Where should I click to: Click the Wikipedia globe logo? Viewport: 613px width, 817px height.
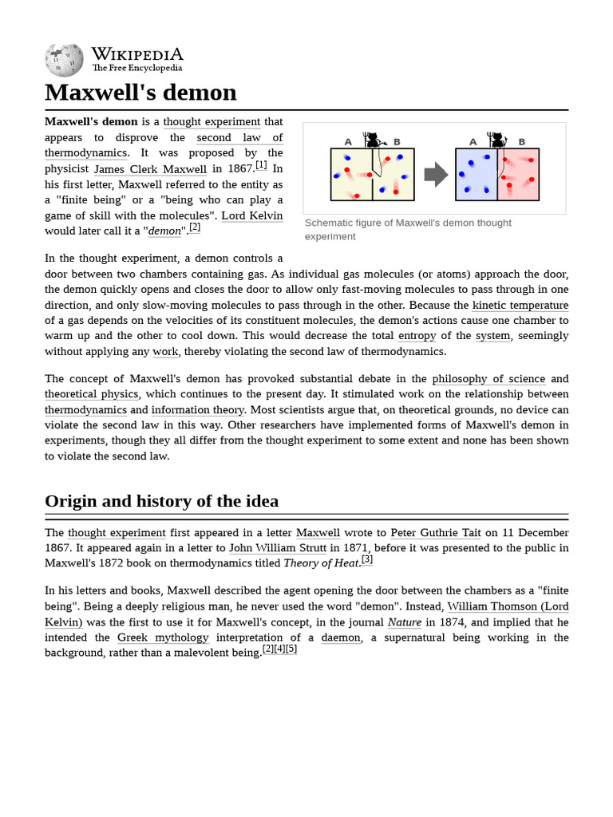tap(64, 60)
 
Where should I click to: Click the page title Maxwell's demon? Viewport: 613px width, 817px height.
tap(140, 93)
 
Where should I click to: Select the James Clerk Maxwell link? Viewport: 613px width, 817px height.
tap(150, 169)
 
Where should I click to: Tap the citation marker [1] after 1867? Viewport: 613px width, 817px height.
tap(261, 165)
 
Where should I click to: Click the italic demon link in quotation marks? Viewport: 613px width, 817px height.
tap(165, 231)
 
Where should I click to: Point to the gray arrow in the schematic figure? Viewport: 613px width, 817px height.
tap(436, 174)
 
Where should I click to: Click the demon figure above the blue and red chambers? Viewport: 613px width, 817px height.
tap(498, 140)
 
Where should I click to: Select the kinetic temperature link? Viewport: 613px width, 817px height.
tap(520, 306)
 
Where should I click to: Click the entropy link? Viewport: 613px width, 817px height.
tap(417, 336)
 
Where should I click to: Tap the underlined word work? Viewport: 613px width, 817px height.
tap(165, 352)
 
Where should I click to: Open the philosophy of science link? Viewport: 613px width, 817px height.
tap(488, 379)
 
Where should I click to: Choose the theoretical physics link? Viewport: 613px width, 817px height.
tap(92, 394)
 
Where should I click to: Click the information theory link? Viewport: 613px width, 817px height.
tap(197, 410)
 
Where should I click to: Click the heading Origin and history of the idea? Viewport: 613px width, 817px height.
tap(162, 501)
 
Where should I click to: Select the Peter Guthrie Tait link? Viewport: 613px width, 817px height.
tap(436, 533)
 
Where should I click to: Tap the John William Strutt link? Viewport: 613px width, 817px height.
tap(277, 548)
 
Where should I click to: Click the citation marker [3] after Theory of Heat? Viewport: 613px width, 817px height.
tap(367, 559)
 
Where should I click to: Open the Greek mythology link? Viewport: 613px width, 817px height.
tap(163, 637)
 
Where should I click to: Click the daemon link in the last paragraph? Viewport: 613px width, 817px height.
tap(341, 637)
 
